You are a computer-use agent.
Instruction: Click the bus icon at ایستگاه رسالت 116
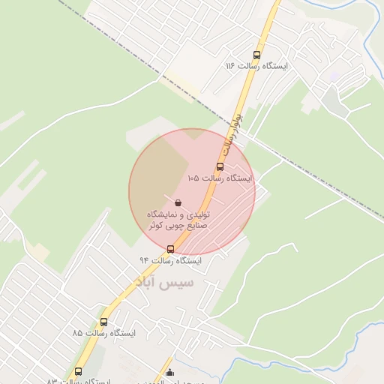click(x=257, y=55)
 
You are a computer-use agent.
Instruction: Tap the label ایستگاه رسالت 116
click(x=256, y=66)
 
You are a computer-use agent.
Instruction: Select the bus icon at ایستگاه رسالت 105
click(x=220, y=167)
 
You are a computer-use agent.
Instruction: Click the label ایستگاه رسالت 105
click(x=220, y=178)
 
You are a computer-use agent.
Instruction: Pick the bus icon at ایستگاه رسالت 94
click(x=170, y=249)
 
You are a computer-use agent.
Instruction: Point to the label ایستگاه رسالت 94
click(x=171, y=260)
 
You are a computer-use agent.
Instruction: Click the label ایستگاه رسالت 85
click(x=104, y=331)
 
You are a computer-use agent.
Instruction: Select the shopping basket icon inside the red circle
click(x=178, y=202)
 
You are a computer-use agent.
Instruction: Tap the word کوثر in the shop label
click(x=154, y=225)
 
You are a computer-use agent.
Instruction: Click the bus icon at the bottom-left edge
click(x=79, y=371)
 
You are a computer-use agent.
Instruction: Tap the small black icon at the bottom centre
click(x=169, y=373)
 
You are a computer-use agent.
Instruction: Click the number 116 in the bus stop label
click(x=230, y=66)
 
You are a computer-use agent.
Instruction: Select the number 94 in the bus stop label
click(x=145, y=260)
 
